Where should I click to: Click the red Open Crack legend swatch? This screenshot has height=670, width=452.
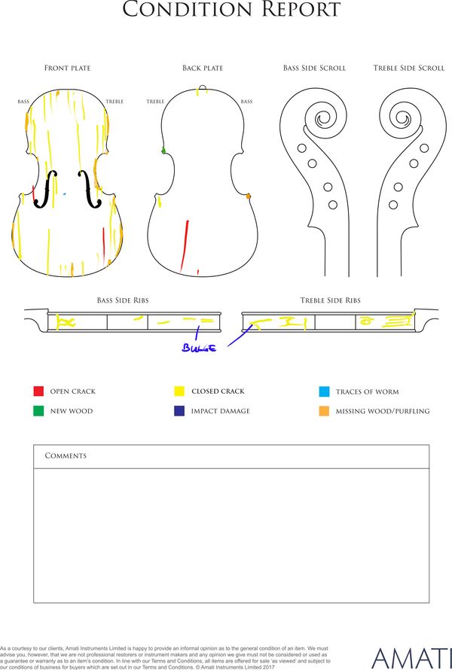38,391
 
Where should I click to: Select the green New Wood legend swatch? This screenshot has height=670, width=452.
38,410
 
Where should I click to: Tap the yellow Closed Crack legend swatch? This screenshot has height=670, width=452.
179,391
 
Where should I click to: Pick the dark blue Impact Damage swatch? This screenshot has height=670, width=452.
179,410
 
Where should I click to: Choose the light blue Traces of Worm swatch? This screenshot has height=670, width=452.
324,391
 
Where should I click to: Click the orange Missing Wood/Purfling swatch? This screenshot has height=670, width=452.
324,411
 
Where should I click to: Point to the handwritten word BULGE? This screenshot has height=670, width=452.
200,348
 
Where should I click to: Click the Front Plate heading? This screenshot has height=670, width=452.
68,68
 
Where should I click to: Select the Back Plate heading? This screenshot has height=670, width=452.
203,68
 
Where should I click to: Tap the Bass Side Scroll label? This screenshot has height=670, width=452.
314,68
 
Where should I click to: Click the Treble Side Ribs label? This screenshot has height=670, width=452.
331,300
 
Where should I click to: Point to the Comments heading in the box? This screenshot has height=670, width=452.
66,455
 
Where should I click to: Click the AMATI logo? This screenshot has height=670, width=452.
412,658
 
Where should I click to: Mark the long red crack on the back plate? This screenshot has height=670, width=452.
185,245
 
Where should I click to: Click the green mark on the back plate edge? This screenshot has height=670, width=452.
163,151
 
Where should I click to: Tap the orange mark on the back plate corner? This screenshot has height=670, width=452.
248,196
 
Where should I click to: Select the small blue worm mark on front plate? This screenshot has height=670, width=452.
65,194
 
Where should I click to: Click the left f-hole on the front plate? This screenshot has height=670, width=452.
46,189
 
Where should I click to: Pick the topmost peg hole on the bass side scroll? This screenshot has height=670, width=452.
302,148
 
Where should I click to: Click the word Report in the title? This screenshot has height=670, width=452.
302,9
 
